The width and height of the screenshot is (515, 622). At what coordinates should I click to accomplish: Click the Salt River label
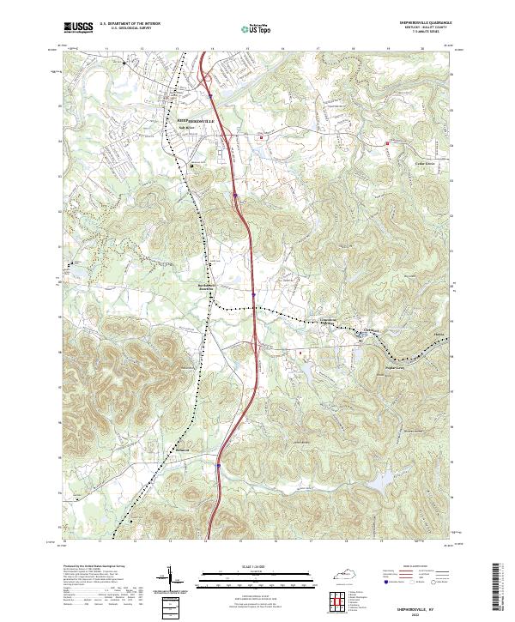[x=185, y=129]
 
